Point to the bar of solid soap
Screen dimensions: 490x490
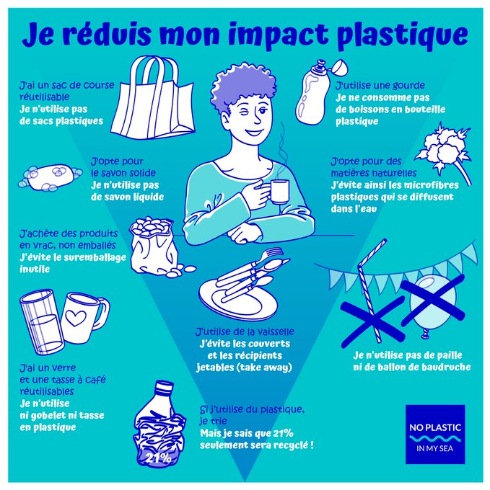(x=50, y=177)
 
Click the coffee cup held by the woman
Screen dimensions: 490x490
(x=280, y=192)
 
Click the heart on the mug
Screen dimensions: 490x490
(x=76, y=318)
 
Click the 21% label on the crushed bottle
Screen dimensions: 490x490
(x=158, y=458)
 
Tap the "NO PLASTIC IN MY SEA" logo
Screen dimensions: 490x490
(x=435, y=435)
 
